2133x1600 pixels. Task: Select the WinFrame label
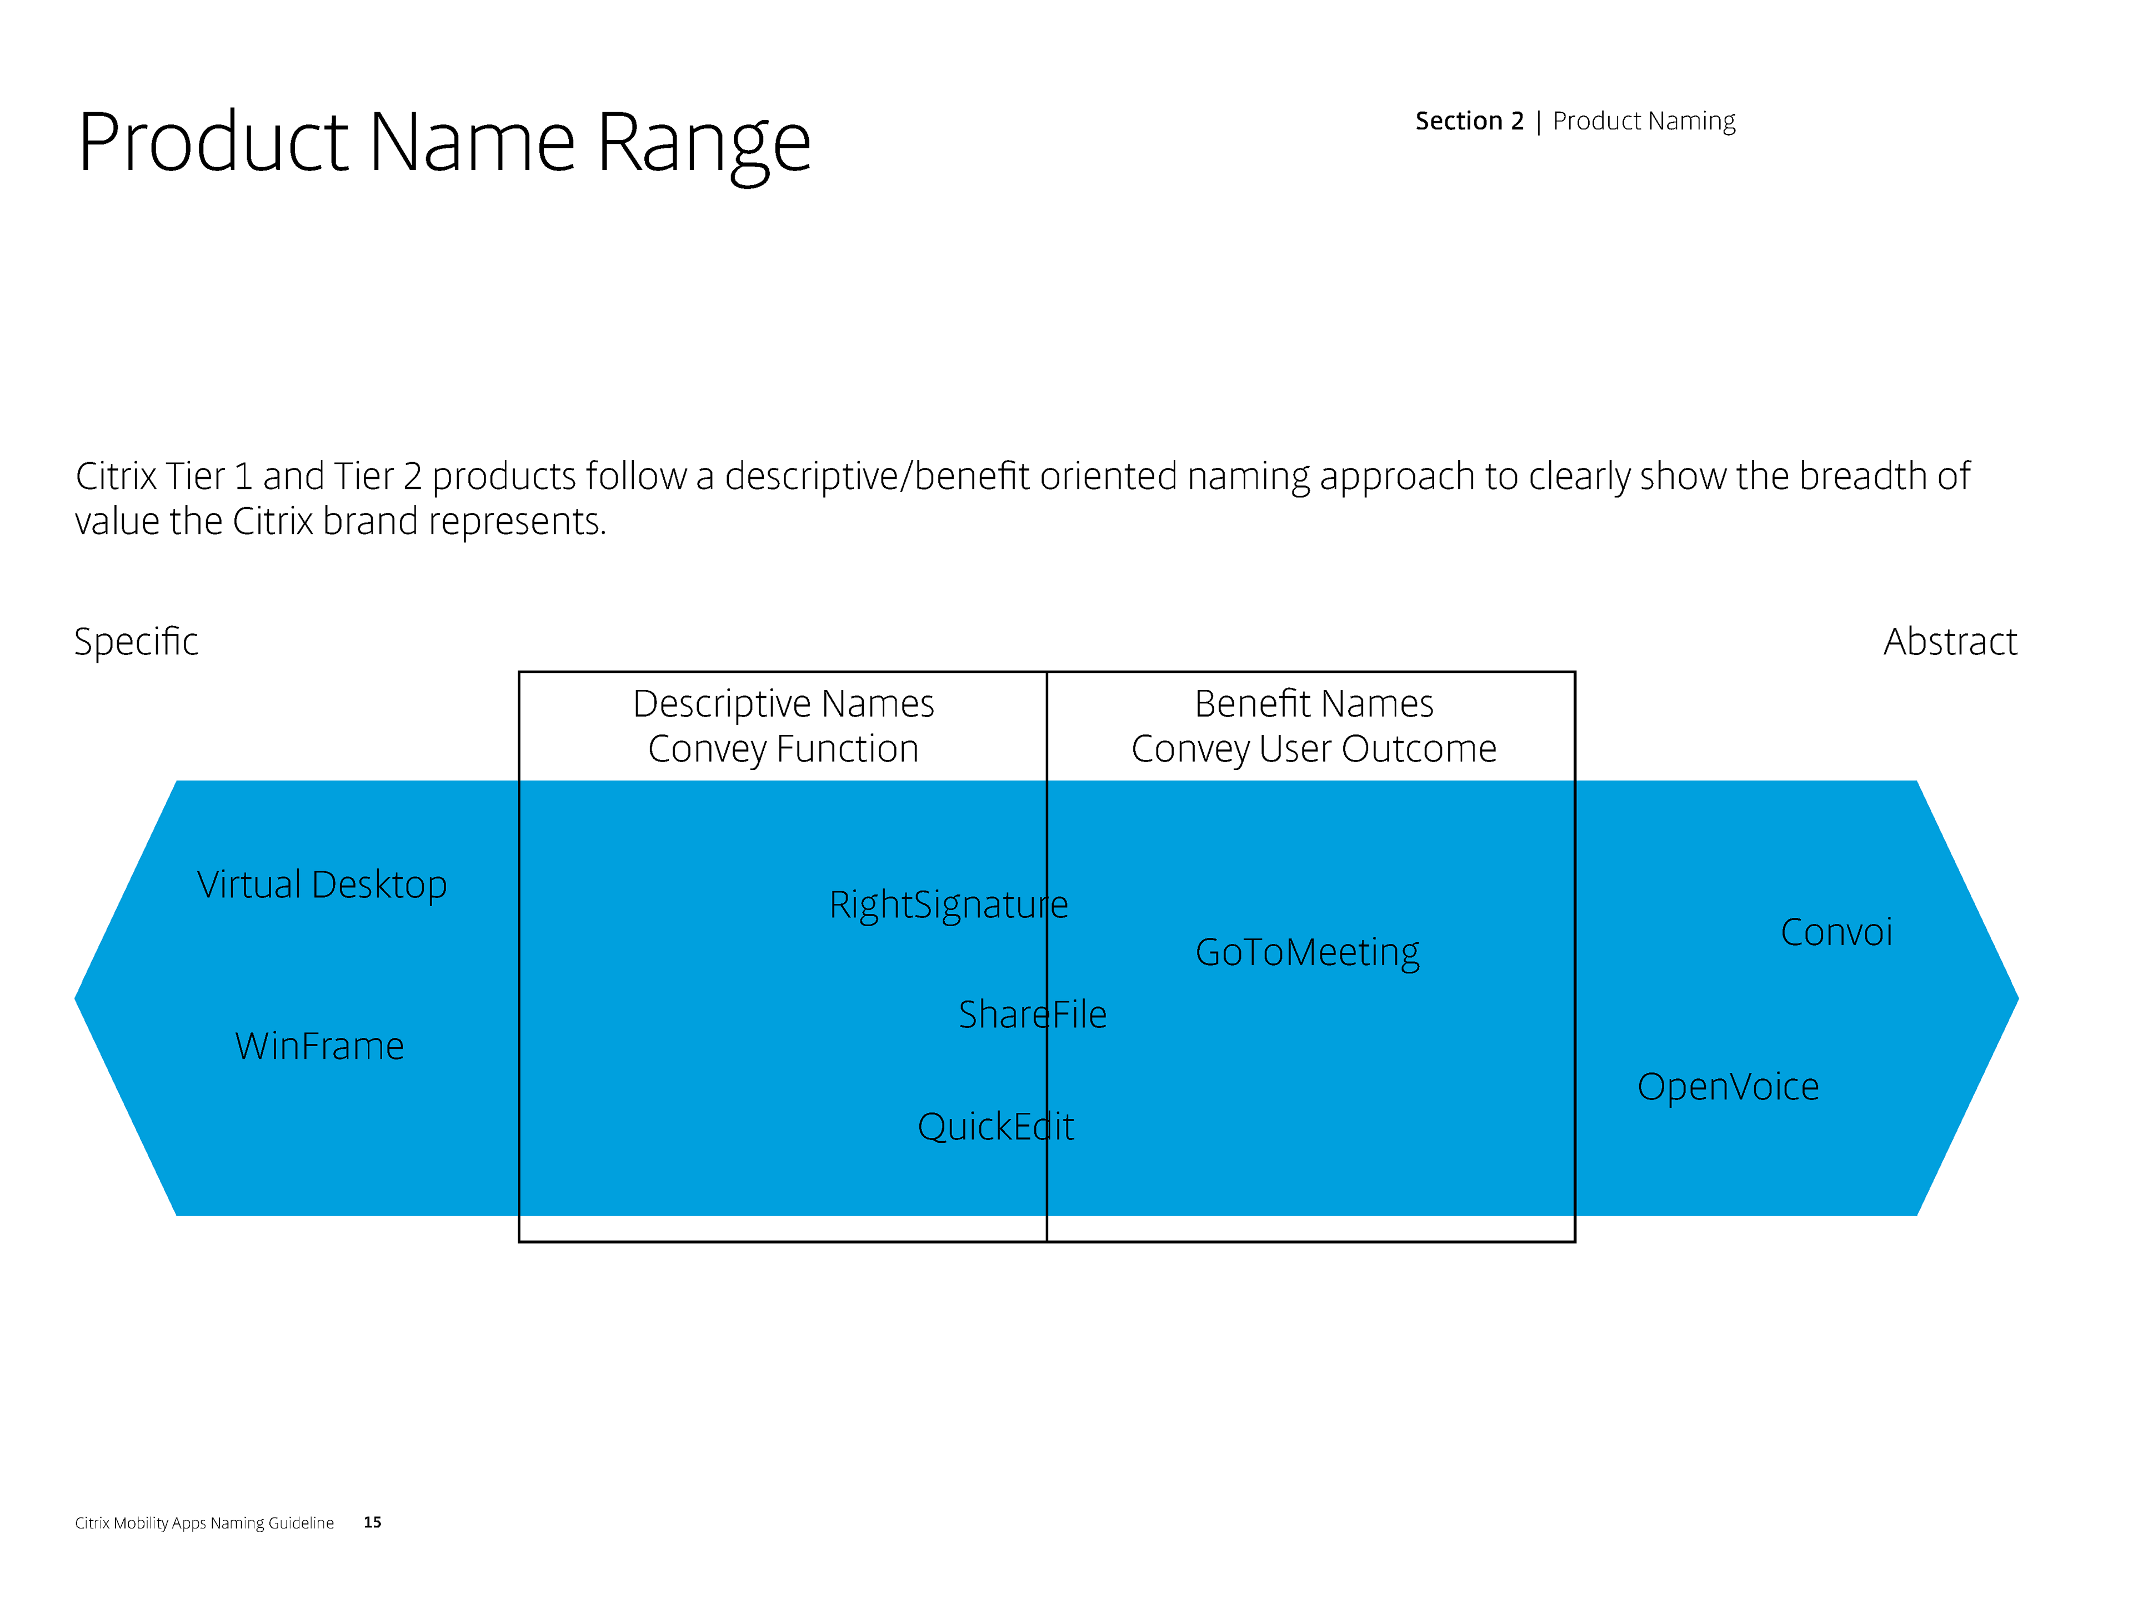click(x=319, y=1047)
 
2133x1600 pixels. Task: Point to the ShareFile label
click(x=1032, y=1014)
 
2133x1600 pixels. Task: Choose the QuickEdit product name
click(x=995, y=1127)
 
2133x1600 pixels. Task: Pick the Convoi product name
click(x=1836, y=933)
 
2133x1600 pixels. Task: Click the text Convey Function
click(x=783, y=749)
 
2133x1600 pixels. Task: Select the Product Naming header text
click(x=1644, y=122)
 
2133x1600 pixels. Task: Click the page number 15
click(x=372, y=1522)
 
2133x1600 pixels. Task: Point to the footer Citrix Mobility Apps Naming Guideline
click(x=204, y=1523)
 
